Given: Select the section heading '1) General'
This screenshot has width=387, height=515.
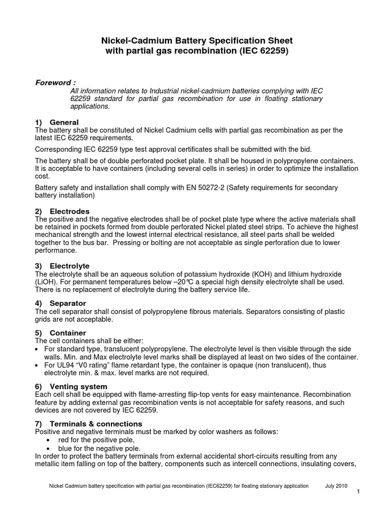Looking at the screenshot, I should point(57,122).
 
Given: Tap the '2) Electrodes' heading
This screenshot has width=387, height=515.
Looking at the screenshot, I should point(62,211).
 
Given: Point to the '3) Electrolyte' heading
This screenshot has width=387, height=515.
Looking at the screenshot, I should point(62,266).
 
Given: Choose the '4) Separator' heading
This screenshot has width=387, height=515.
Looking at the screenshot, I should point(60,303).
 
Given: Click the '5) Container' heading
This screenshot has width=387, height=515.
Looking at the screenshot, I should point(60,333).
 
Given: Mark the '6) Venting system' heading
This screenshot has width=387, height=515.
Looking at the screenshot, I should point(71,386).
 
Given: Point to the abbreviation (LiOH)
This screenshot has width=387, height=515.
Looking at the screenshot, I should point(47,282).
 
